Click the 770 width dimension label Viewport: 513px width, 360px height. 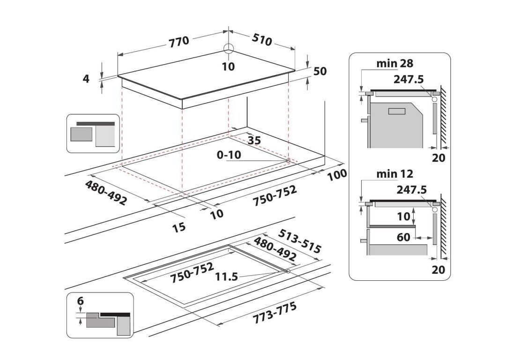(x=179, y=41)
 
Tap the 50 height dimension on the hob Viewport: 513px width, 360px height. (x=320, y=71)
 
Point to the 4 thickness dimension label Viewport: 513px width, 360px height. (x=86, y=79)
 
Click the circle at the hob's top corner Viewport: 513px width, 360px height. (x=229, y=49)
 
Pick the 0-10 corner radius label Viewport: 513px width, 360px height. (x=229, y=155)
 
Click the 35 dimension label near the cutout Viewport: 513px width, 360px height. (x=254, y=140)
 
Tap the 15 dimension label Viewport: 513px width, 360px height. (x=178, y=227)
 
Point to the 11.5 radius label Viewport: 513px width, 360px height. (x=226, y=277)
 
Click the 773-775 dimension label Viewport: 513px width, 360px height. (x=275, y=313)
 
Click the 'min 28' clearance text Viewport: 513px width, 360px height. (x=395, y=63)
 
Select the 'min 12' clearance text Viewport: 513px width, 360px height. (x=395, y=174)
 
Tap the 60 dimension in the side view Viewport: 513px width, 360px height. (x=403, y=237)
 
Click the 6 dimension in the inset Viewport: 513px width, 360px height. (x=80, y=300)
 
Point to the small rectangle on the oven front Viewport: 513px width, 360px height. (x=396, y=111)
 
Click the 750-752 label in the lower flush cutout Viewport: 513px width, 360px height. (x=192, y=272)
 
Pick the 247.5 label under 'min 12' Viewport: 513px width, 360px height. (x=412, y=190)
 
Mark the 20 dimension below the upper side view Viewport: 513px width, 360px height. (x=439, y=158)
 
